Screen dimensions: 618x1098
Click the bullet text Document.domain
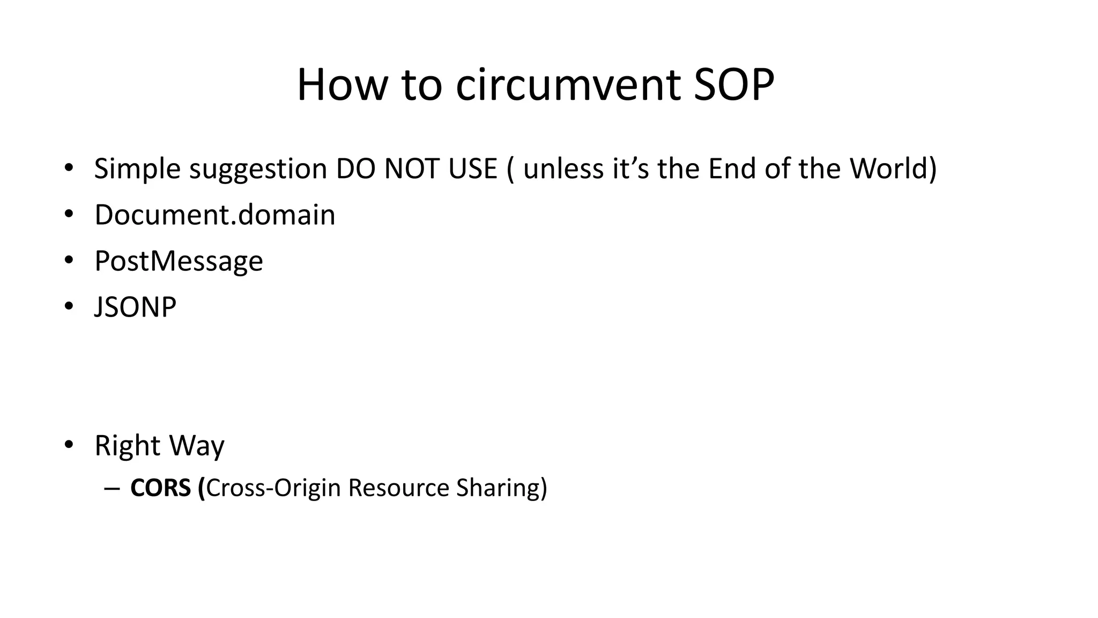click(x=214, y=215)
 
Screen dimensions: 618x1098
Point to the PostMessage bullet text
click(x=179, y=261)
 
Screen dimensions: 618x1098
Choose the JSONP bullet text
click(x=135, y=307)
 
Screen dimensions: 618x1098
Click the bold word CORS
click(x=160, y=488)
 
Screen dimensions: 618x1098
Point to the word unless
click(x=564, y=169)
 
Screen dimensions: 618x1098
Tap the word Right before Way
click(x=127, y=446)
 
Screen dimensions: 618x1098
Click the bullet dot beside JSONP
click(x=68, y=307)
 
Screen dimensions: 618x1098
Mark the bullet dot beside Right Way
click(x=68, y=445)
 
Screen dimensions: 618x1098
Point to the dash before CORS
click(x=111, y=488)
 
